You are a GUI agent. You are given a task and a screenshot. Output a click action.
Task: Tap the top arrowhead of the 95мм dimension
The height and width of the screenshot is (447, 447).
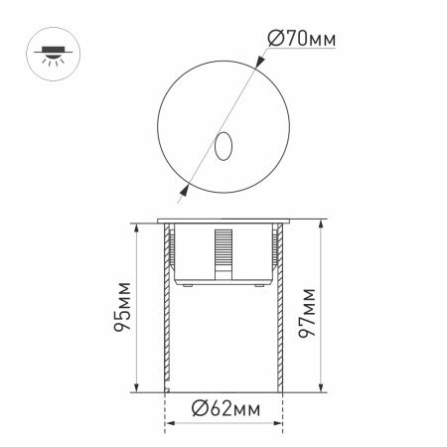[x=134, y=227]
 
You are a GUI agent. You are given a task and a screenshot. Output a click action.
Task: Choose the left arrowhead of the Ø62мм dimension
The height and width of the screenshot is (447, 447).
[x=167, y=407]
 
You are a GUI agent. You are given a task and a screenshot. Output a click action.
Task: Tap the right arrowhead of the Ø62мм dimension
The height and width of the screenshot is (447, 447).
[x=279, y=407]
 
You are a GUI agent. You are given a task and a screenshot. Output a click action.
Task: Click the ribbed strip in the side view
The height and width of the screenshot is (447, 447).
[x=222, y=252]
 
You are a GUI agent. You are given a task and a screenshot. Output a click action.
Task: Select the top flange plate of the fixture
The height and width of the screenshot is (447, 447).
[x=223, y=221]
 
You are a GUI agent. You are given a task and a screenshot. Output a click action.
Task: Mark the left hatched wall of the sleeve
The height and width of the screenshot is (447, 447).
[x=164, y=308]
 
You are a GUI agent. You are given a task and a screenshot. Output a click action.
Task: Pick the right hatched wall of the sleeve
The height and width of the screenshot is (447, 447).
[x=282, y=308]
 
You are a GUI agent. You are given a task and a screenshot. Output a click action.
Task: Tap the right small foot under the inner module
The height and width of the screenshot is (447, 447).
[x=258, y=284]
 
